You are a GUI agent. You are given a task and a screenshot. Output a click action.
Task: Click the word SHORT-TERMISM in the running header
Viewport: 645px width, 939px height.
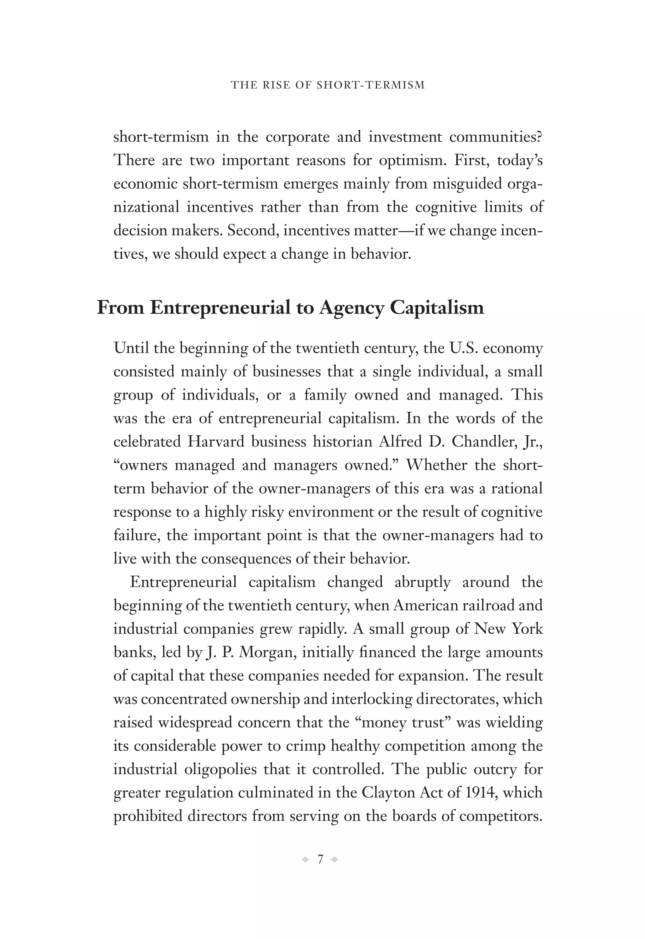point(371,85)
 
